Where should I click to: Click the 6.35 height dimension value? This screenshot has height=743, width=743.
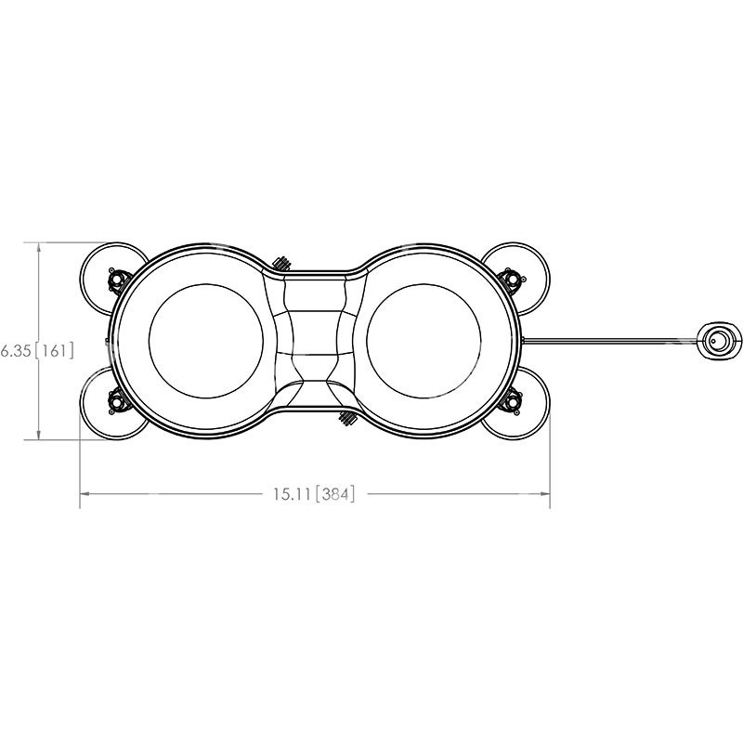click(15, 350)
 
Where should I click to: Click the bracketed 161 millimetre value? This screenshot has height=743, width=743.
click(54, 350)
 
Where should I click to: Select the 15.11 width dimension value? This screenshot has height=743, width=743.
click(292, 494)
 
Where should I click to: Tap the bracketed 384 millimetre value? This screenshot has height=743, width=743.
click(335, 494)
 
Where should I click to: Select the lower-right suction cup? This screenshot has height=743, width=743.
click(524, 405)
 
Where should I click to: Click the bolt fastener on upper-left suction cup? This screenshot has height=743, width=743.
click(117, 280)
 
